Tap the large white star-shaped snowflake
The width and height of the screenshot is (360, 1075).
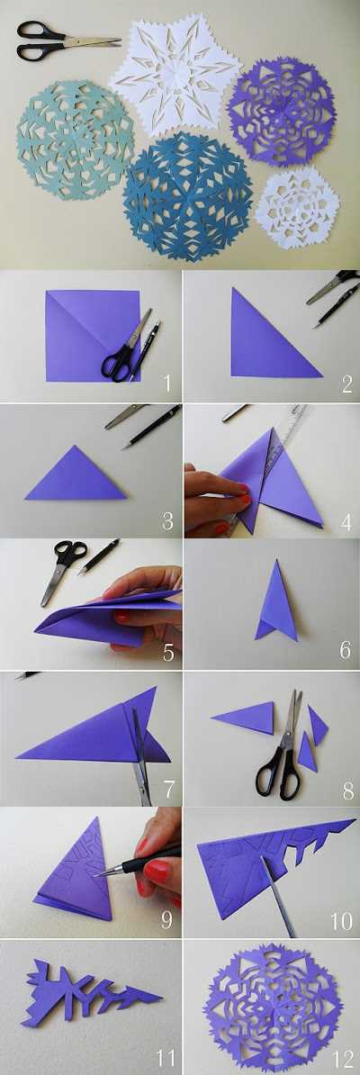tap(175, 73)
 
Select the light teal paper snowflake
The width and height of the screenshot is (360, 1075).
tap(75, 140)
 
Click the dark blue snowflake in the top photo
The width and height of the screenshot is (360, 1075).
tap(187, 196)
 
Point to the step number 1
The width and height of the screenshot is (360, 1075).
tap(167, 383)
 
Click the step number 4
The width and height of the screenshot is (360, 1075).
tap(346, 523)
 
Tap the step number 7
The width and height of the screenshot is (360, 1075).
tap(168, 790)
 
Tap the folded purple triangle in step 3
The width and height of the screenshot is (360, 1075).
tap(76, 475)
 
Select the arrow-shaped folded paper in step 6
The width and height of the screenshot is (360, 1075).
tap(277, 602)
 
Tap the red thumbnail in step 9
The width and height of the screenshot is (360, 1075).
tap(157, 872)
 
